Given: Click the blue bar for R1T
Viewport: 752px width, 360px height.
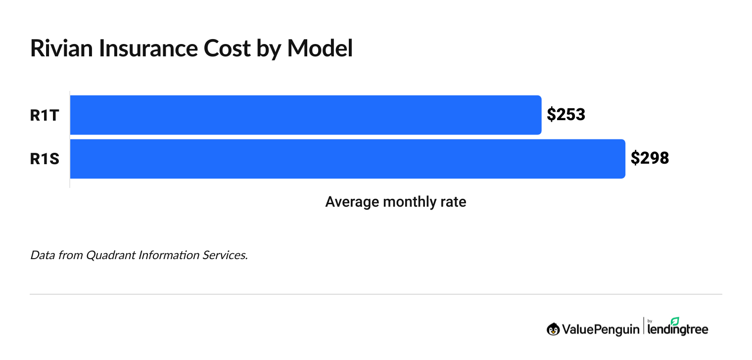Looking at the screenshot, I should (x=305, y=115).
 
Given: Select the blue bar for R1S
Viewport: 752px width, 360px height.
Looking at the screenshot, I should (x=347, y=159).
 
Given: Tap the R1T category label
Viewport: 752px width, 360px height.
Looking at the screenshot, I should (x=45, y=115).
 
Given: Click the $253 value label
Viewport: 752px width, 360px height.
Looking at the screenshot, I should (x=566, y=115).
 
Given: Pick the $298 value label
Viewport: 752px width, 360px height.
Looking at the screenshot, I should (x=650, y=159).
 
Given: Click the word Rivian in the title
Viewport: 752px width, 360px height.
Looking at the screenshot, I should (x=60, y=48).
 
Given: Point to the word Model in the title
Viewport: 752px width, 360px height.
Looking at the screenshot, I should (x=320, y=48).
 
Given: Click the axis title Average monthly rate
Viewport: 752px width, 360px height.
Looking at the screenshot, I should (x=395, y=202).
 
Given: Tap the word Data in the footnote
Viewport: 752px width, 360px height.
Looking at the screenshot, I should (x=41, y=256).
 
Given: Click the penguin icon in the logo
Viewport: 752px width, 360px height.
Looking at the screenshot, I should (x=553, y=329).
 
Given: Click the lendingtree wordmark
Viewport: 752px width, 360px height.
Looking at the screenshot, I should (x=678, y=329).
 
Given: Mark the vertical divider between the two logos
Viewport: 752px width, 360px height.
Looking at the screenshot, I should (x=644, y=327).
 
